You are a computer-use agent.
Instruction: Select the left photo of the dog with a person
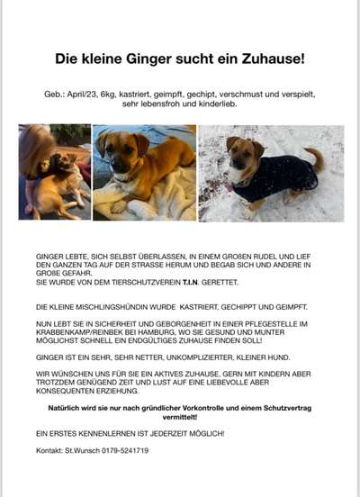click(x=54, y=172)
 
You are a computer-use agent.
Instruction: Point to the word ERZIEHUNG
click(x=122, y=392)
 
